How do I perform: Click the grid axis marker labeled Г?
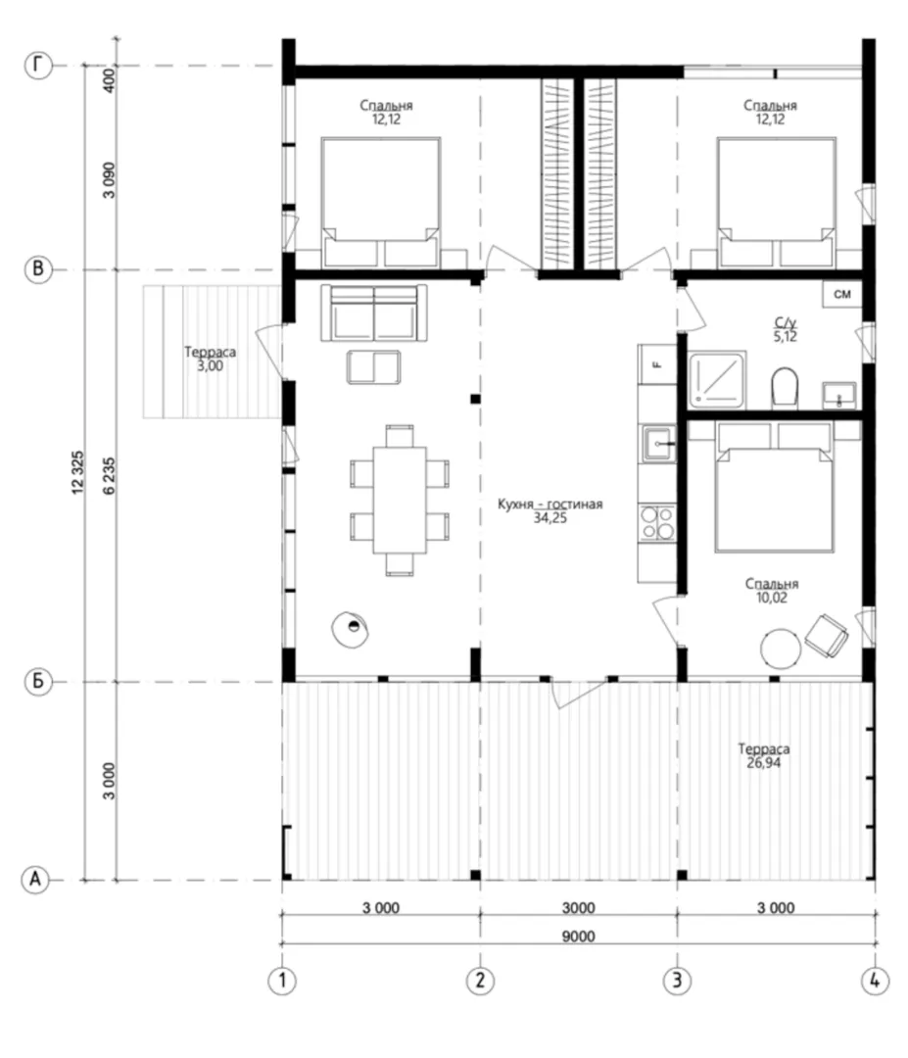pyautogui.click(x=38, y=66)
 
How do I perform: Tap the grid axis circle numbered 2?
pyautogui.click(x=480, y=980)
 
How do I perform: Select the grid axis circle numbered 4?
pyautogui.click(x=875, y=980)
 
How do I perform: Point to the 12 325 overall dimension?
pyautogui.click(x=78, y=472)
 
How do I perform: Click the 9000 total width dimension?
pyautogui.click(x=578, y=936)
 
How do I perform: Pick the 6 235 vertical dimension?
pyautogui.click(x=110, y=476)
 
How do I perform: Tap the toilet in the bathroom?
pyautogui.click(x=784, y=387)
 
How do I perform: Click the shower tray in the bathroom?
pyautogui.click(x=716, y=379)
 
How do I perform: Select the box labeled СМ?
pyautogui.click(x=842, y=294)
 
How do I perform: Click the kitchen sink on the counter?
pyautogui.click(x=657, y=444)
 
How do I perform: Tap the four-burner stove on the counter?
pyautogui.click(x=657, y=523)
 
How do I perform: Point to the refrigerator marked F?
pyautogui.click(x=657, y=364)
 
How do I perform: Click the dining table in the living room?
pyautogui.click(x=400, y=500)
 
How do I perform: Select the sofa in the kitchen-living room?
pyautogui.click(x=374, y=313)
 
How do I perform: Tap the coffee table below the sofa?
pyautogui.click(x=374, y=366)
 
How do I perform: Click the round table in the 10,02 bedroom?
pyautogui.click(x=781, y=649)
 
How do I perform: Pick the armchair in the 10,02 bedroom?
pyautogui.click(x=827, y=635)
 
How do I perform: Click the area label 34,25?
pyautogui.click(x=550, y=518)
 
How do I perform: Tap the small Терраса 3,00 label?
pyautogui.click(x=210, y=359)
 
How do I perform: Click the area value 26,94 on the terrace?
pyautogui.click(x=764, y=762)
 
